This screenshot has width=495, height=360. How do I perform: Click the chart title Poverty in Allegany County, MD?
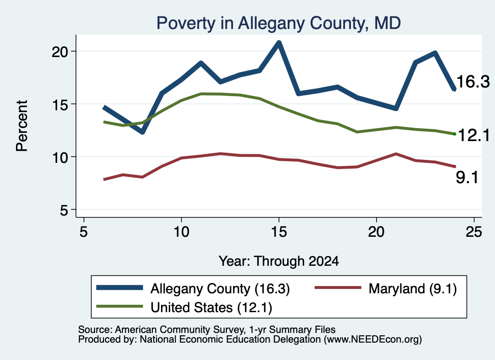278,23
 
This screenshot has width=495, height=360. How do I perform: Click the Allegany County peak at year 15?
279,43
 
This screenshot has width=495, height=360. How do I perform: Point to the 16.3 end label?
473,81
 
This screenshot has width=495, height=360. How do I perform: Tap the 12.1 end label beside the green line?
474,135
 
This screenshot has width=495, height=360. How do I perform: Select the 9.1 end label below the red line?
467,177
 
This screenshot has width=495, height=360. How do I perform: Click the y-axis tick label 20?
60,51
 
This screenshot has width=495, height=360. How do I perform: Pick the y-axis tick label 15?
60,104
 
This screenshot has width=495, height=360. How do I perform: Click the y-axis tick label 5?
64,210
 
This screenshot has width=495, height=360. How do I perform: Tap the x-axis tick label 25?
474,232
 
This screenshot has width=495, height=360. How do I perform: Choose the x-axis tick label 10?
181,232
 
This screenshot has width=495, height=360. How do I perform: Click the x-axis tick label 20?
376,232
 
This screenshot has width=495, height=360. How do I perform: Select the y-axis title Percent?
22,126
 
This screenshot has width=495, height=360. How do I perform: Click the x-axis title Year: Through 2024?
279,261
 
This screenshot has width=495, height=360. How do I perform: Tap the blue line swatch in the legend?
120,288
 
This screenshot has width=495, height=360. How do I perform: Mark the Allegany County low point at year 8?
143,131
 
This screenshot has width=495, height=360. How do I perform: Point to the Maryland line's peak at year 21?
396,154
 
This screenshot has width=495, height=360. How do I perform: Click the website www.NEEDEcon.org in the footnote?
372,340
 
